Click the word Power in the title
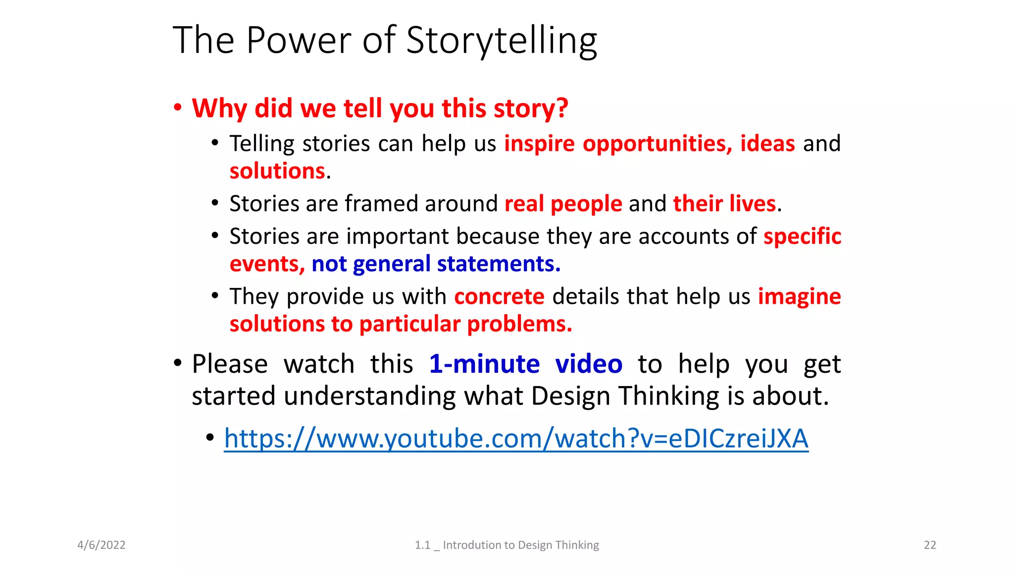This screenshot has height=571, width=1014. (299, 41)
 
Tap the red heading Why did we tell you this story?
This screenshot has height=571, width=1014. (380, 108)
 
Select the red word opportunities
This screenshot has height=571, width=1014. (657, 144)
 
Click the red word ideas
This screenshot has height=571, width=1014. (767, 144)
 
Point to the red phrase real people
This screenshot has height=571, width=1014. (563, 204)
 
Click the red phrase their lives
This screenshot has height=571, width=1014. (724, 204)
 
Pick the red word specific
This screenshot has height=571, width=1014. (802, 236)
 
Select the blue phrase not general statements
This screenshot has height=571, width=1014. (436, 264)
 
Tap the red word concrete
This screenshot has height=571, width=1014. (499, 296)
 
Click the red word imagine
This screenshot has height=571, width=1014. (799, 296)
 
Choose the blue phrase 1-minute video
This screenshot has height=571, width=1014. (525, 364)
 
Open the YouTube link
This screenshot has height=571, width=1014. (516, 439)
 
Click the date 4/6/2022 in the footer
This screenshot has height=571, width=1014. (101, 545)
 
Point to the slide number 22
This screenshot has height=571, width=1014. (930, 545)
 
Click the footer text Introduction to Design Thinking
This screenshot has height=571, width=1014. (520, 545)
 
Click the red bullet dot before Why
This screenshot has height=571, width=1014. (178, 108)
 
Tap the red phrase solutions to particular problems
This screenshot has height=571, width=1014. (401, 324)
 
